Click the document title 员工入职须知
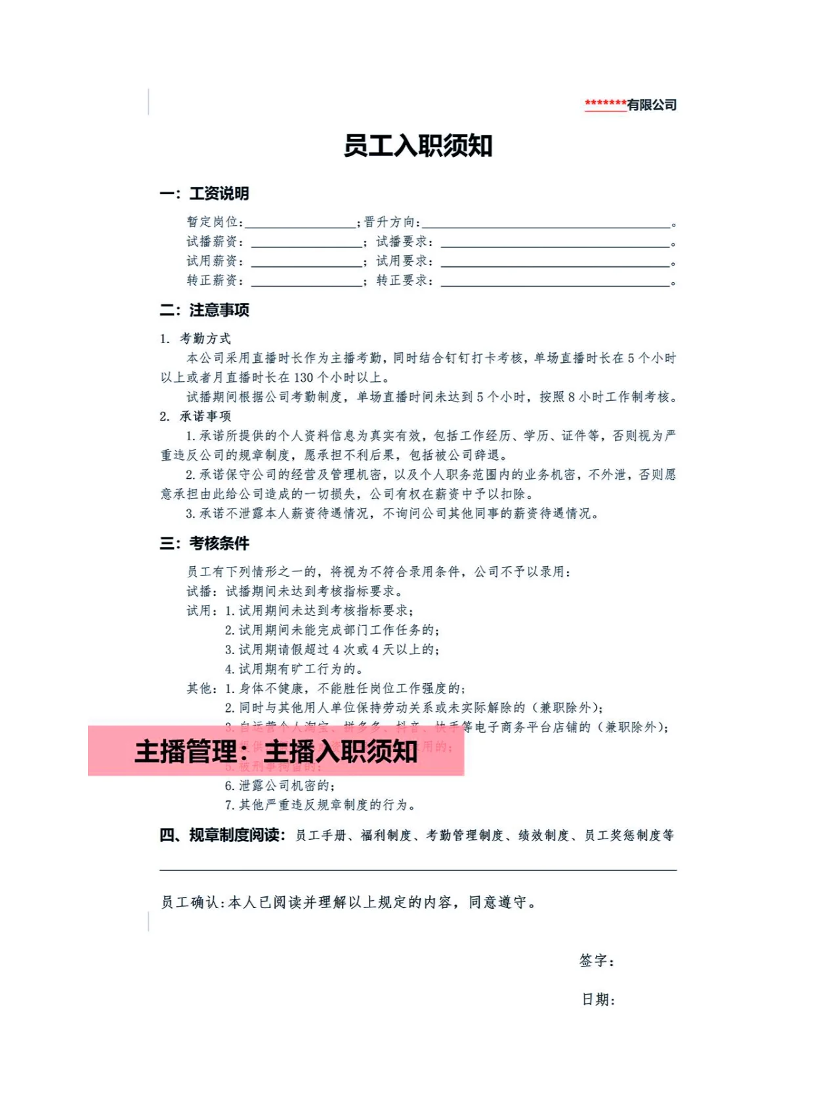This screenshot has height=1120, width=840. tap(418, 146)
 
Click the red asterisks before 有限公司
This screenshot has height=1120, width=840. tap(605, 104)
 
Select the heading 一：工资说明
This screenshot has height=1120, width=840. tap(204, 194)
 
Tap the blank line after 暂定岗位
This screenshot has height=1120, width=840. tap(300, 223)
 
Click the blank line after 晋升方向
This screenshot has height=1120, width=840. tap(546, 223)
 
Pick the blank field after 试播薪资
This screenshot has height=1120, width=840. tap(306, 243)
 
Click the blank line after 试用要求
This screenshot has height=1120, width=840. tap(555, 262)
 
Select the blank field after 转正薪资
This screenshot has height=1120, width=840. tap(306, 282)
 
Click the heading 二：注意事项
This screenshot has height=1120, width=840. tap(204, 310)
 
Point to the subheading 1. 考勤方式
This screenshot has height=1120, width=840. tap(196, 339)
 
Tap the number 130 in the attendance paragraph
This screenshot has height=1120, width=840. tap(303, 378)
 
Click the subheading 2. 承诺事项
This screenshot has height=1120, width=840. tap(196, 416)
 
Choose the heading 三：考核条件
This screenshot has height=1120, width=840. tap(204, 543)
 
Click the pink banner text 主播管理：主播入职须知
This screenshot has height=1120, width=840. tap(276, 751)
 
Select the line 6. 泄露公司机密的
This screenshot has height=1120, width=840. tap(280, 785)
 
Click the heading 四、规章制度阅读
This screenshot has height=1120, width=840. tap(222, 835)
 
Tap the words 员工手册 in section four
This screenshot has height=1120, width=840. tap(320, 835)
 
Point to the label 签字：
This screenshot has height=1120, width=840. tap(597, 961)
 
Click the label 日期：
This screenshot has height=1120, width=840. tap(598, 1000)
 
